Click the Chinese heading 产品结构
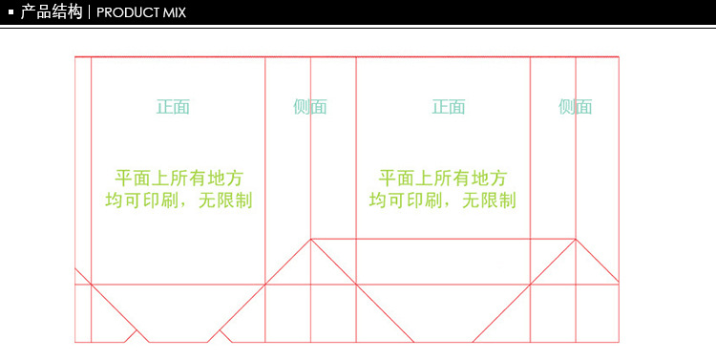pos(51,12)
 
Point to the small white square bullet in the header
pos(10,13)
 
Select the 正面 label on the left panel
pos(173,106)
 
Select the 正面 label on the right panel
pos(448,106)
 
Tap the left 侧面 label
pos(310,106)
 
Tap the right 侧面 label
pos(575,106)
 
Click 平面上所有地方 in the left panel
pos(179,178)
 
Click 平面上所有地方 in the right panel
pos(443,178)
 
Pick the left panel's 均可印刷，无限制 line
pos(179,200)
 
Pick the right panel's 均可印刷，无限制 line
pos(443,200)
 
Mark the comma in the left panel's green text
pos(193,203)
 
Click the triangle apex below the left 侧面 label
pos(310,239)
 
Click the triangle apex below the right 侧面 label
pos(575,239)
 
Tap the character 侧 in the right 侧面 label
pos(566,106)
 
